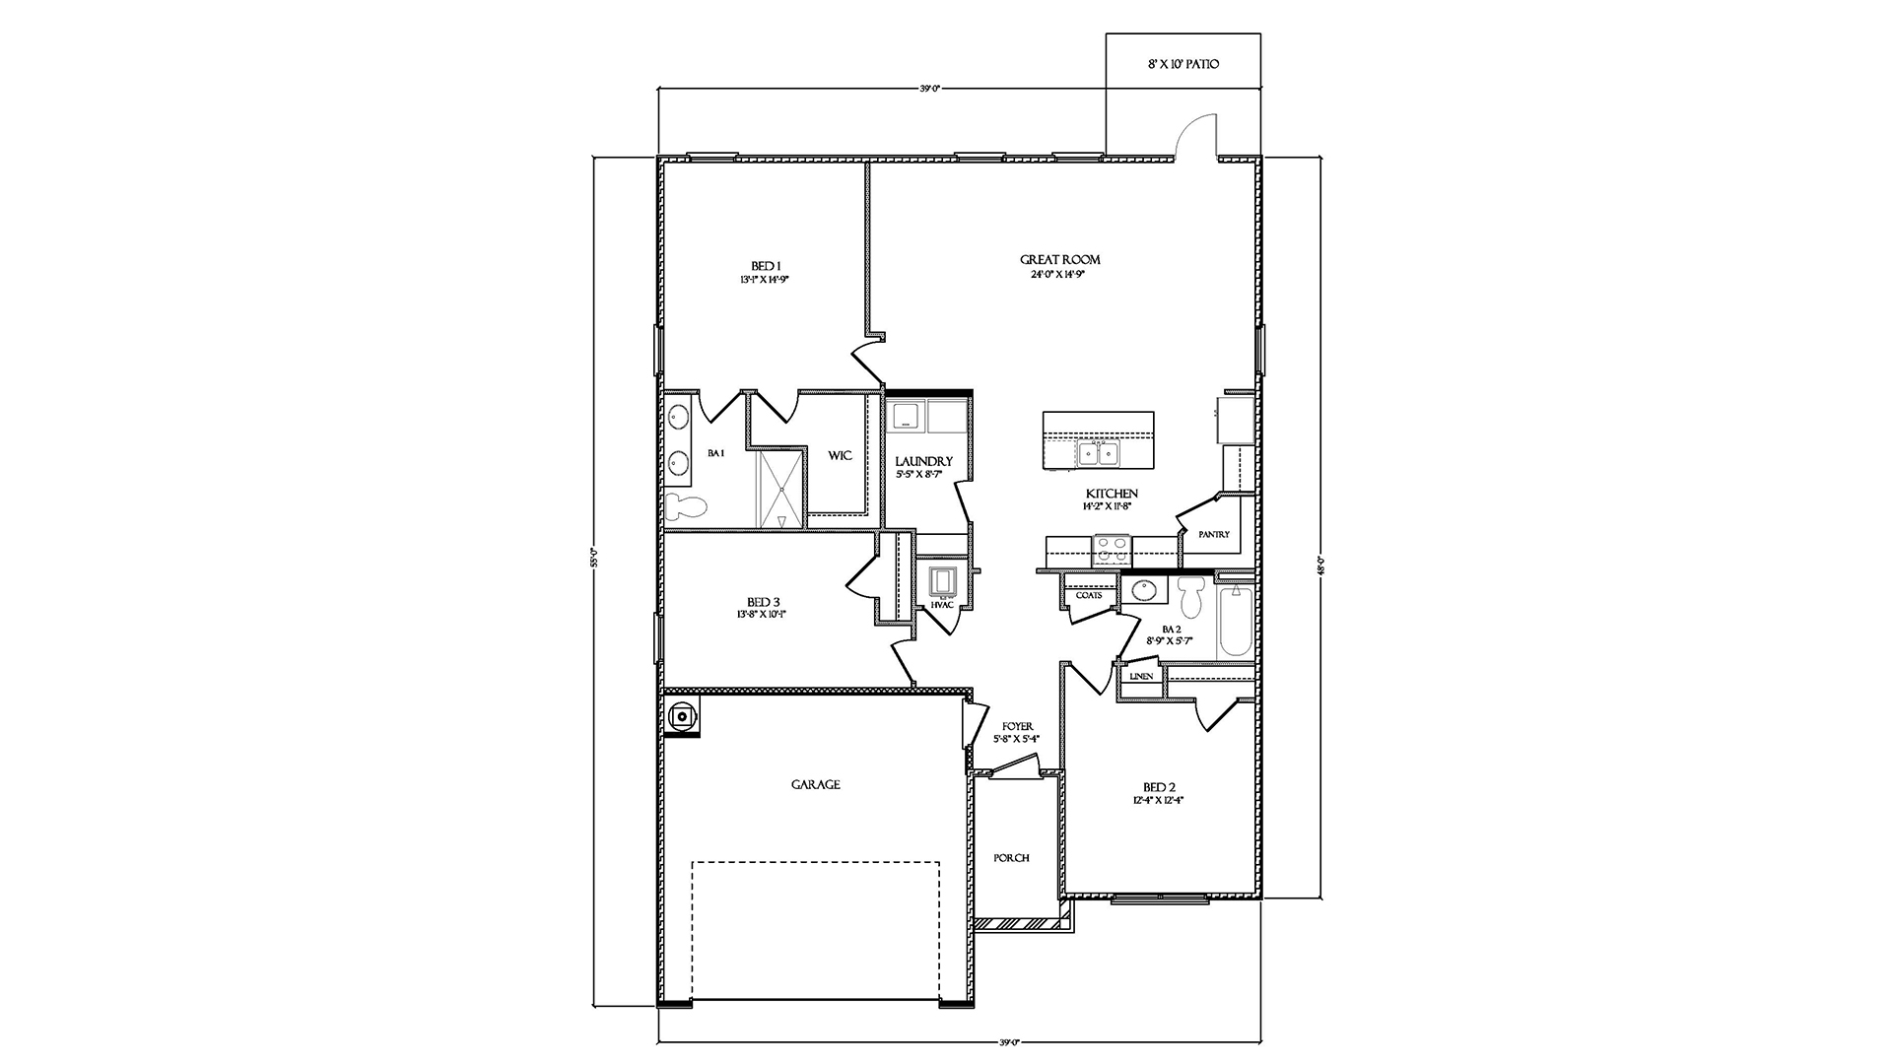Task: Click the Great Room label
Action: click(1059, 260)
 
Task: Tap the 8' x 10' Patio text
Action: click(1183, 64)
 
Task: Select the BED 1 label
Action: click(765, 265)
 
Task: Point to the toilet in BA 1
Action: click(686, 508)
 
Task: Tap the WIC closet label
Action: click(840, 455)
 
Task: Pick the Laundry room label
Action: click(923, 461)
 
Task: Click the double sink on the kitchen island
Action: click(1097, 454)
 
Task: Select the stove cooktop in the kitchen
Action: click(1112, 549)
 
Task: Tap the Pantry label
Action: click(1214, 534)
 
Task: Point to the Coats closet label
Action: click(1089, 595)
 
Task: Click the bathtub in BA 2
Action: click(1235, 623)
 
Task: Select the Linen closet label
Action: click(1141, 677)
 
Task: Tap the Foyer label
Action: click(1017, 726)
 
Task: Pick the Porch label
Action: click(1011, 858)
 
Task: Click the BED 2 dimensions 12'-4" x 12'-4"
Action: click(1158, 801)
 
